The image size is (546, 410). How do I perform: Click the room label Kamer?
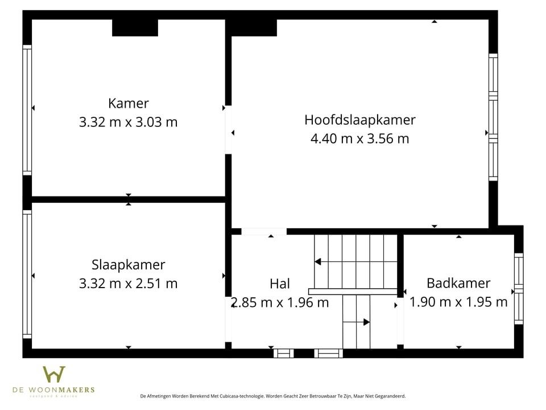click(129, 103)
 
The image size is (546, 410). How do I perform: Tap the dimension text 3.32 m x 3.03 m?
click(129, 121)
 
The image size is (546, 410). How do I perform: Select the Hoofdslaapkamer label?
click(359, 120)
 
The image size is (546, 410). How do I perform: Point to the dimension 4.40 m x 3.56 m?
click(359, 138)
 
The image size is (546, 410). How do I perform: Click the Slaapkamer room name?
click(129, 264)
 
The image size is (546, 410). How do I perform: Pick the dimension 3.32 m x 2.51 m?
click(129, 283)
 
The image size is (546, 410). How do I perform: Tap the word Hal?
click(280, 284)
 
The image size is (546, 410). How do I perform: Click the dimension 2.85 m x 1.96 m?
click(280, 302)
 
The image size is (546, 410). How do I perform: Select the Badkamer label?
click(458, 283)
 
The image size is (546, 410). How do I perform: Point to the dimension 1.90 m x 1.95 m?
click(458, 302)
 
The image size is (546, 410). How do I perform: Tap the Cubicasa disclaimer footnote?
click(272, 396)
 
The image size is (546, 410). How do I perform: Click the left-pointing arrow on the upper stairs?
click(318, 262)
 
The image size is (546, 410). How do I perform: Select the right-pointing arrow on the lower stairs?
click(366, 322)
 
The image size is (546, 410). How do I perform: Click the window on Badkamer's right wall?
click(518, 289)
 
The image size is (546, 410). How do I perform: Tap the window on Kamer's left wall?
click(27, 110)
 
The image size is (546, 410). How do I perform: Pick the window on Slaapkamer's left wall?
click(27, 274)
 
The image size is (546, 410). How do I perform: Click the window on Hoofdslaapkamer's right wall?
click(493, 117)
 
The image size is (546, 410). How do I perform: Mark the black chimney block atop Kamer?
click(135, 27)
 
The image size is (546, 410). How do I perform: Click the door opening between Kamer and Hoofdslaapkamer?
click(228, 130)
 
